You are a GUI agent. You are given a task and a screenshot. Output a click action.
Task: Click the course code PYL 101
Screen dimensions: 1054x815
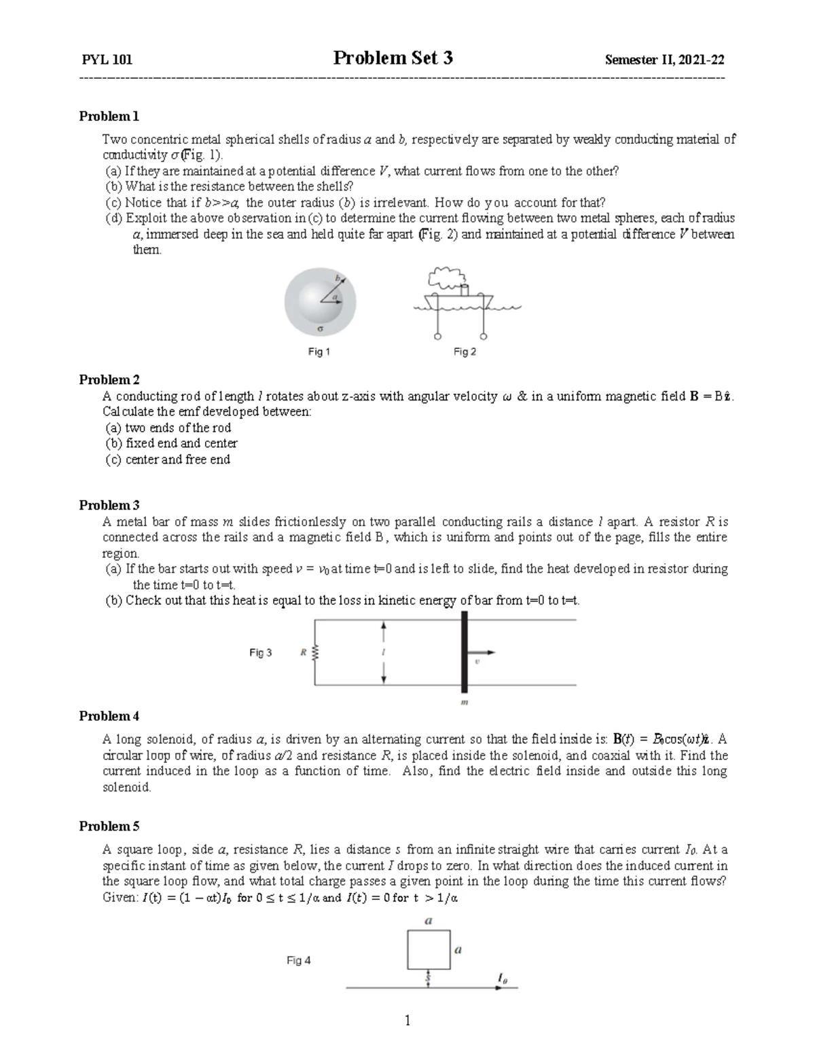pos(107,60)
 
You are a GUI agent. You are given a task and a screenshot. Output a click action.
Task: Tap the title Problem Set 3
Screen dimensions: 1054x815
pos(393,58)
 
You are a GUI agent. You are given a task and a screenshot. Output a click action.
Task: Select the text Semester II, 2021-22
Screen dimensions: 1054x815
pos(664,60)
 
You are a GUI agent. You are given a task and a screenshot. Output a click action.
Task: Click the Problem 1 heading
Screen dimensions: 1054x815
pos(109,116)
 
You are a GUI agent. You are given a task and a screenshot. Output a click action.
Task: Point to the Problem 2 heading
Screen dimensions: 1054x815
pos(109,379)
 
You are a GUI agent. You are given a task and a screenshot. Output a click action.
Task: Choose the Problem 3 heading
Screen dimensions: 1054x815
pos(109,505)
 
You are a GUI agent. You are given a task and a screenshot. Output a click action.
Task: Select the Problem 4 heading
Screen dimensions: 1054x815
pos(109,716)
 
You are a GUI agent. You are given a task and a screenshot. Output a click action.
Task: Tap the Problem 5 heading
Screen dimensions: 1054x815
pos(109,826)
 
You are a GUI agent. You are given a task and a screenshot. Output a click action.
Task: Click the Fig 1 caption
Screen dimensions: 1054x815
pos(319,352)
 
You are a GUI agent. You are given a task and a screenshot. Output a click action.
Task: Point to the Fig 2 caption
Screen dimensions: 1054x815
pos(465,352)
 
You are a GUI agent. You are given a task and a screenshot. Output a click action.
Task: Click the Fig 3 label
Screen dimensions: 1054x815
pos(261,653)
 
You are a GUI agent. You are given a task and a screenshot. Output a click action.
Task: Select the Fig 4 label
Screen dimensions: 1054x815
pos(299,960)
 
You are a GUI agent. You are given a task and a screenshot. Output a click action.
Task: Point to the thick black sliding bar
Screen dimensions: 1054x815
pos(465,652)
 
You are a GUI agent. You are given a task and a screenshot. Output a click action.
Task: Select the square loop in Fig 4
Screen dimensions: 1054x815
pos(429,949)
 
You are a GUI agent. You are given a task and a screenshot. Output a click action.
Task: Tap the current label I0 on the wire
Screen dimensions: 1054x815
pos(502,979)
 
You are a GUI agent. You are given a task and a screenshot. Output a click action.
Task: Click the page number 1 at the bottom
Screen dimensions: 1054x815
pos(407,1020)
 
